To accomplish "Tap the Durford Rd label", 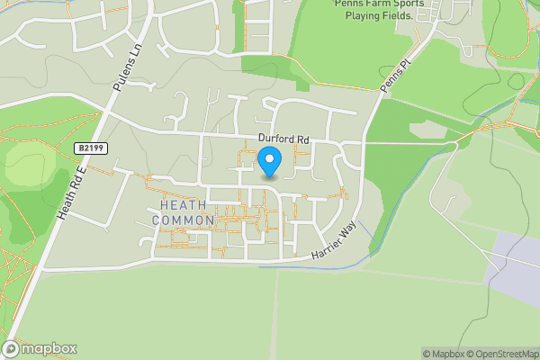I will (x=283, y=139).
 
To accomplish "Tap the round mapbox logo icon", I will (x=12, y=348).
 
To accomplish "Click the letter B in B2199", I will (x=79, y=148).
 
